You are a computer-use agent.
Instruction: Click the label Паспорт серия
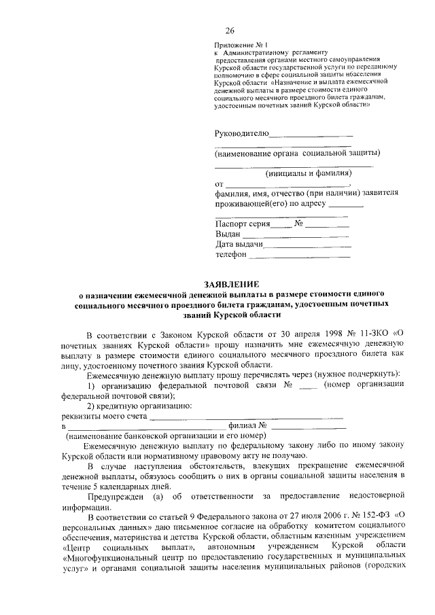pyautogui.click(x=243, y=224)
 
